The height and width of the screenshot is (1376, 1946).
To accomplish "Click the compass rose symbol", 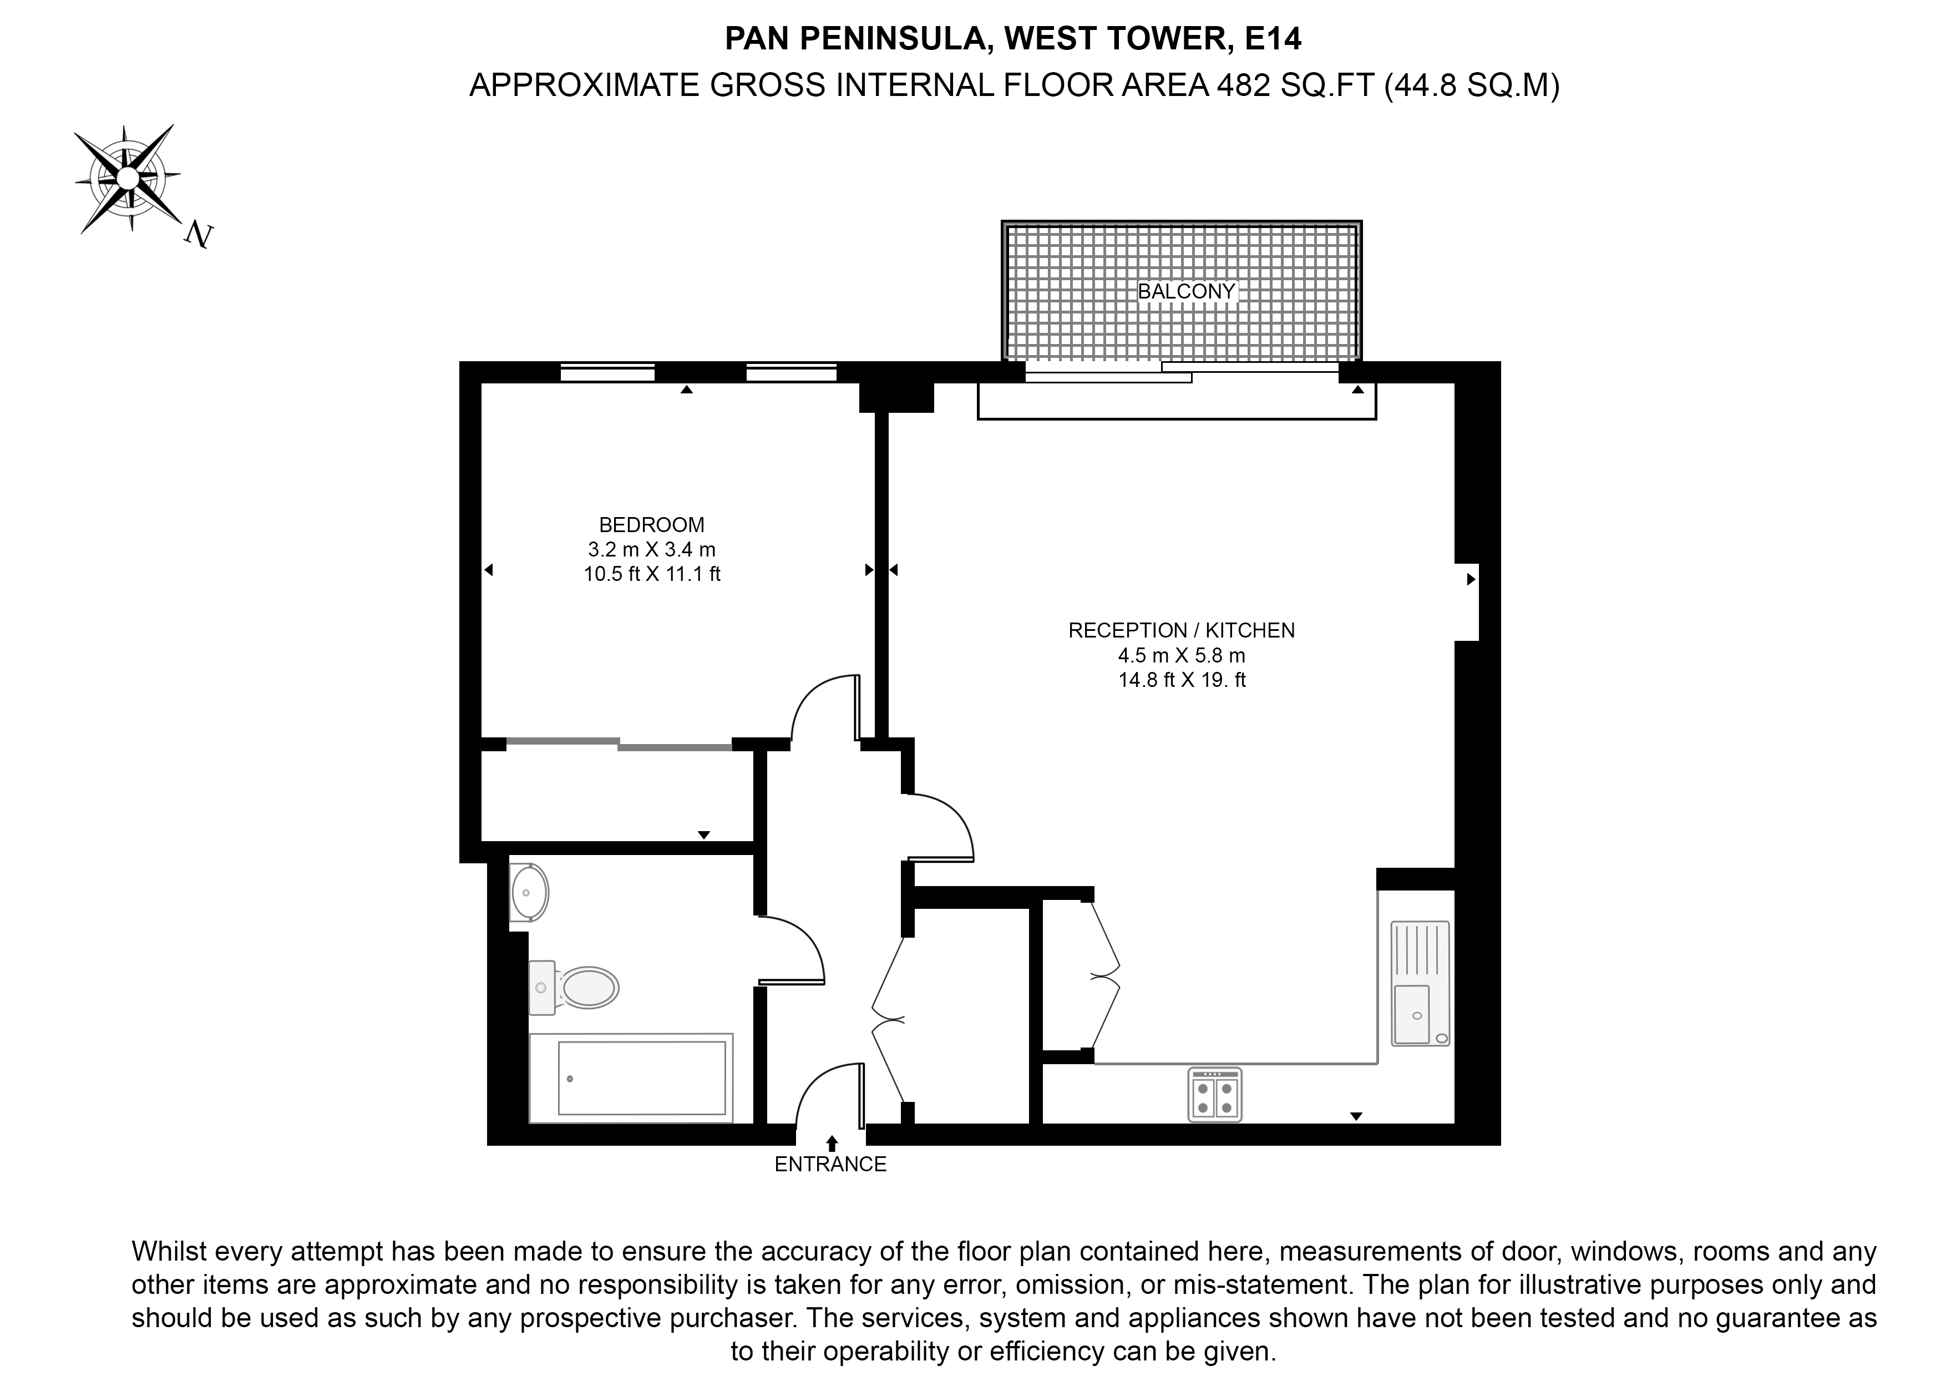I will pyautogui.click(x=127, y=178).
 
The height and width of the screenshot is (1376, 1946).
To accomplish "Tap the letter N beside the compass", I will pyautogui.click(x=199, y=235).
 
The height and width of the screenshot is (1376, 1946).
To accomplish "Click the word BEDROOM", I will pyautogui.click(x=652, y=525).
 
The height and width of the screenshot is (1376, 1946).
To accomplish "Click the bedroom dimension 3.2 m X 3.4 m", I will pyautogui.click(x=652, y=549).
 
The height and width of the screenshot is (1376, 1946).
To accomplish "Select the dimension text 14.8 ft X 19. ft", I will pyautogui.click(x=1182, y=679).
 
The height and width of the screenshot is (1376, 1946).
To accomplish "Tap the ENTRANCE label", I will pyautogui.click(x=830, y=1164).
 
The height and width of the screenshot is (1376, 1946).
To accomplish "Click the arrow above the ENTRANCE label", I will pyautogui.click(x=832, y=1143).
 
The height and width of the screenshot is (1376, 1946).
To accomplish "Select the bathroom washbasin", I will pyautogui.click(x=530, y=893).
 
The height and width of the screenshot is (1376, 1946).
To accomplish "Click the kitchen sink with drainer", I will pyautogui.click(x=1420, y=984).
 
